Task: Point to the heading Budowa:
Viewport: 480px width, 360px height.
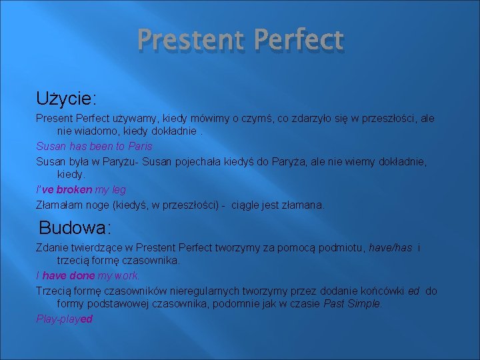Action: tap(75, 228)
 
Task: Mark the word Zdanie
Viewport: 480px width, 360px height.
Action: tap(51, 248)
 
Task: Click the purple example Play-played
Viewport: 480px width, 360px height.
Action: tap(65, 319)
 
